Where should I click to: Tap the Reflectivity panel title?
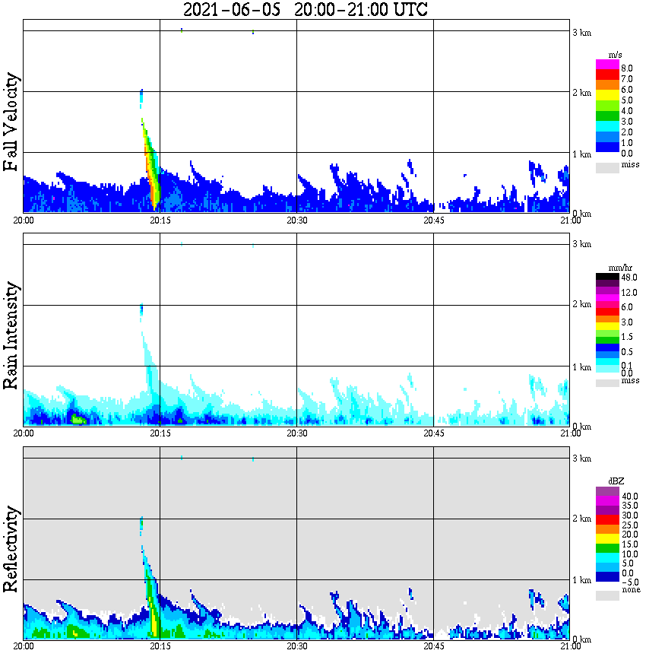pos(11,549)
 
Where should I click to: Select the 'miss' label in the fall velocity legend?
pos(630,164)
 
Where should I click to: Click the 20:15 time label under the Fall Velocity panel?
pos(160,221)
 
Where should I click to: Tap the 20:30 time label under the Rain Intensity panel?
pos(296,433)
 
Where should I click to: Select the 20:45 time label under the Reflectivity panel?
pos(433,647)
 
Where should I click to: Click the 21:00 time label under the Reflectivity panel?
pos(569,647)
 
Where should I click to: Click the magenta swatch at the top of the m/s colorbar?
pos(606,64)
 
